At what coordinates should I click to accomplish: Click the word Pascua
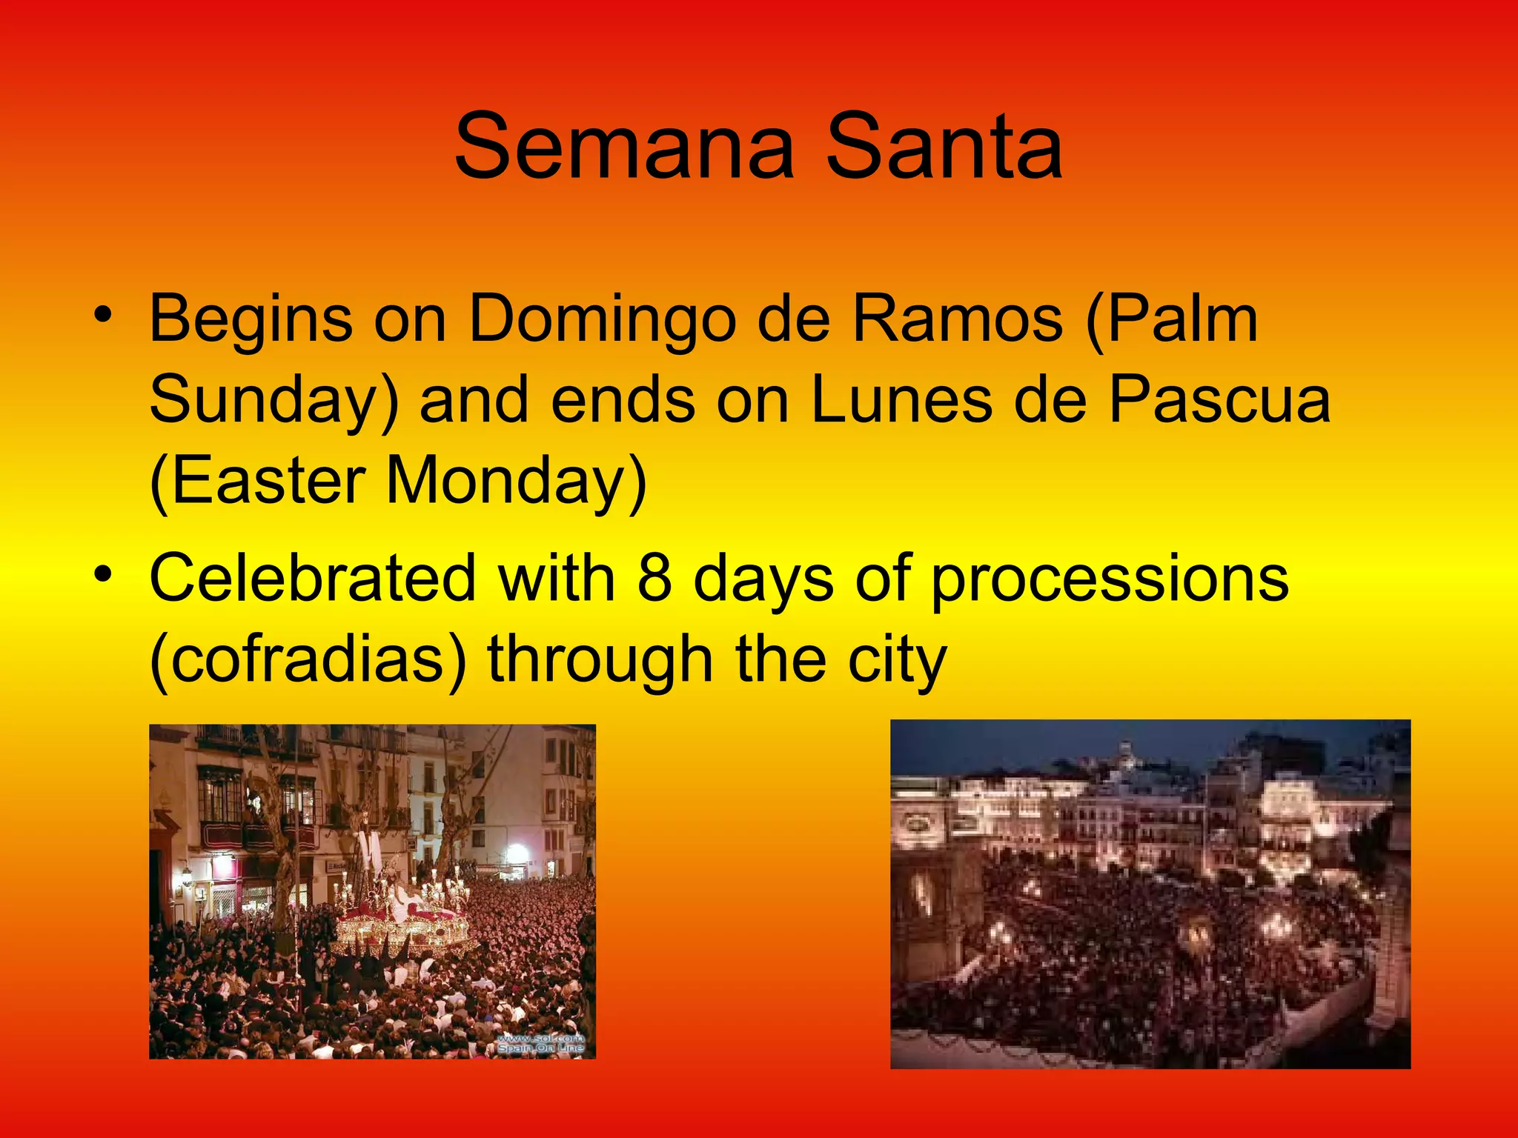[x=1219, y=400]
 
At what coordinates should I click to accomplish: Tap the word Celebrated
[x=312, y=578]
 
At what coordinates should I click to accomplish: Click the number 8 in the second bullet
[x=654, y=578]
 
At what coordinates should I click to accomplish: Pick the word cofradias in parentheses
[x=308, y=659]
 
